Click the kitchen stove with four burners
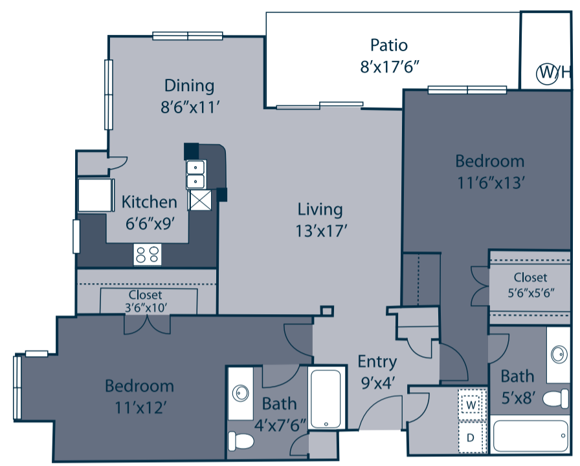147,255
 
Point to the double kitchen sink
196,173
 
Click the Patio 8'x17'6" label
388,55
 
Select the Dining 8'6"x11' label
189,96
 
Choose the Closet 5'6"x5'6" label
530,285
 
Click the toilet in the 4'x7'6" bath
242,440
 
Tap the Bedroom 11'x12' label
139,396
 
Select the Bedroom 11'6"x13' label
489,171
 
